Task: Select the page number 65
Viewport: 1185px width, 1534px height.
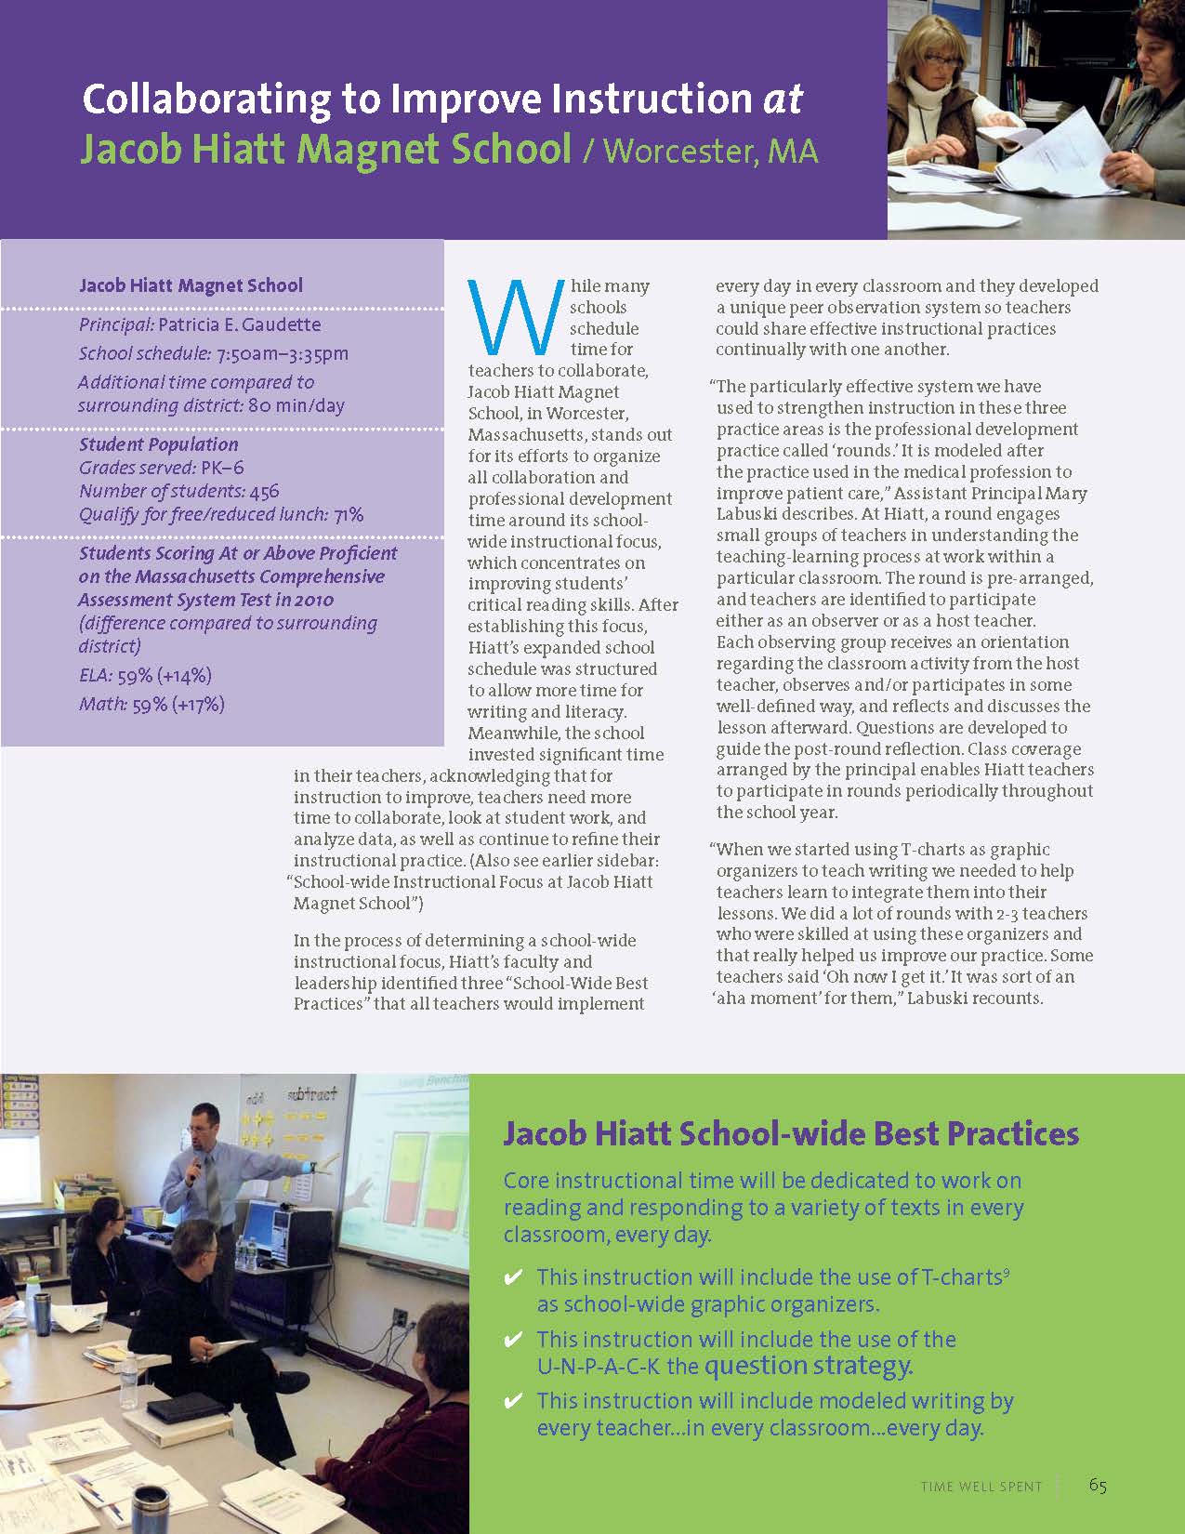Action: (1098, 1485)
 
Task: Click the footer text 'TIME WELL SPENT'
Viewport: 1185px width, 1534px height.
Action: (981, 1487)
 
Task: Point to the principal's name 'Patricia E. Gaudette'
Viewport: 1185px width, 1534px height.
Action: (240, 324)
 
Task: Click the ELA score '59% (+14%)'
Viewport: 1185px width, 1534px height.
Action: (165, 675)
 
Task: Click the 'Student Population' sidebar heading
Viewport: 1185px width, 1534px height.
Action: (159, 444)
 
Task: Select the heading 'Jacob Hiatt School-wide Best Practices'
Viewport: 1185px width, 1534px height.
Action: (791, 1134)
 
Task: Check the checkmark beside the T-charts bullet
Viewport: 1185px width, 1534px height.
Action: (512, 1278)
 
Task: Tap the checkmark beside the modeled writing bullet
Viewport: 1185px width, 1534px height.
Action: (512, 1401)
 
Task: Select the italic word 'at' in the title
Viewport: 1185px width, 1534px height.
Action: (783, 99)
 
